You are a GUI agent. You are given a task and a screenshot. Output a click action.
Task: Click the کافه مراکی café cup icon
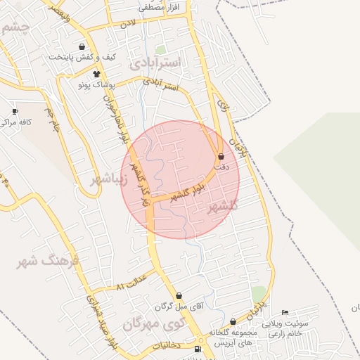click(15, 111)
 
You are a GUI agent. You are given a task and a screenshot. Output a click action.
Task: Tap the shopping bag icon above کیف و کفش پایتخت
click(82, 47)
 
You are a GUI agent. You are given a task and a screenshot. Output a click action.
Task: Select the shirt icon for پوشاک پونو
click(96, 74)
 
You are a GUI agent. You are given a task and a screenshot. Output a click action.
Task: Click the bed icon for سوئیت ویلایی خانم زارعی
click(284, 313)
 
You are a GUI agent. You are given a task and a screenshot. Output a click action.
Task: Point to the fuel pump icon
click(197, 349)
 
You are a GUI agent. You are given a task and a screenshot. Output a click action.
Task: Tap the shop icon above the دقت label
click(221, 157)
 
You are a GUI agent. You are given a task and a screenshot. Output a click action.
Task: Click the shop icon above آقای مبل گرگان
click(179, 296)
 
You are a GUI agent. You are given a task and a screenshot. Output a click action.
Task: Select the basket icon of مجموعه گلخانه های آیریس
click(233, 321)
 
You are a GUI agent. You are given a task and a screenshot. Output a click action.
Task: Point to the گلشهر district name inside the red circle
click(224, 206)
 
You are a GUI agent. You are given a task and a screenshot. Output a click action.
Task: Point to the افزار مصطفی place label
click(160, 6)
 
